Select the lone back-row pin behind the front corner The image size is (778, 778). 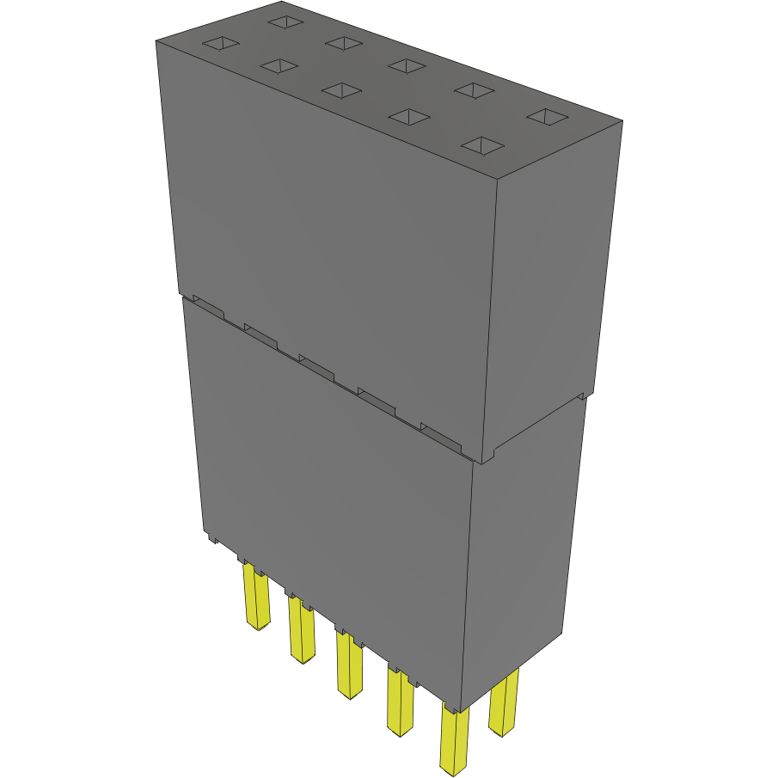coord(505,705)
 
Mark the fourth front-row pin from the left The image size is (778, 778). coord(400,702)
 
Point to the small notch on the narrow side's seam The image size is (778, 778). coord(582,397)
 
